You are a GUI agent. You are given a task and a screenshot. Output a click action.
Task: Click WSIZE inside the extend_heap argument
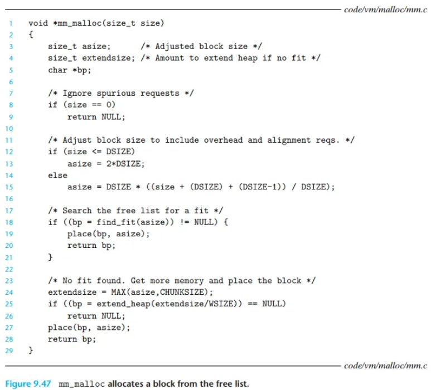click(221, 304)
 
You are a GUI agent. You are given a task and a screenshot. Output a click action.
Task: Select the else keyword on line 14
click(57, 175)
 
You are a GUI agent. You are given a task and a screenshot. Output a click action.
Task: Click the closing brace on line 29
click(31, 350)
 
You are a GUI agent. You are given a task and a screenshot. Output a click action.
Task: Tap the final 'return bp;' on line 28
click(72, 339)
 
